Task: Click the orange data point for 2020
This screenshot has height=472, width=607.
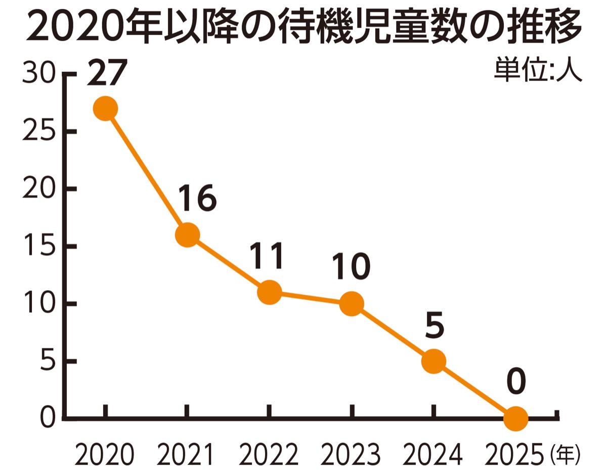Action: pos(105,109)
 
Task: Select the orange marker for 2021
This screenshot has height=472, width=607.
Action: pos(187,235)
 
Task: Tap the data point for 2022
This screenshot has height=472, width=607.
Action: pos(269,292)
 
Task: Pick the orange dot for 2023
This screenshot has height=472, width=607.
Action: pos(352,304)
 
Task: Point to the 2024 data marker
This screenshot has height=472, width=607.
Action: pos(433,361)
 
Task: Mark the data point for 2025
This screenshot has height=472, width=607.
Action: pos(516,418)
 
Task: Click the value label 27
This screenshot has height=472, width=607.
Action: pos(105,74)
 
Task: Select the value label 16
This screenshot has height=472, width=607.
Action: pos(197,199)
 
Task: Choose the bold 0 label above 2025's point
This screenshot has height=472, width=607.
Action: pos(516,383)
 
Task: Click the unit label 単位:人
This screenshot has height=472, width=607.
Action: pos(538,70)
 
